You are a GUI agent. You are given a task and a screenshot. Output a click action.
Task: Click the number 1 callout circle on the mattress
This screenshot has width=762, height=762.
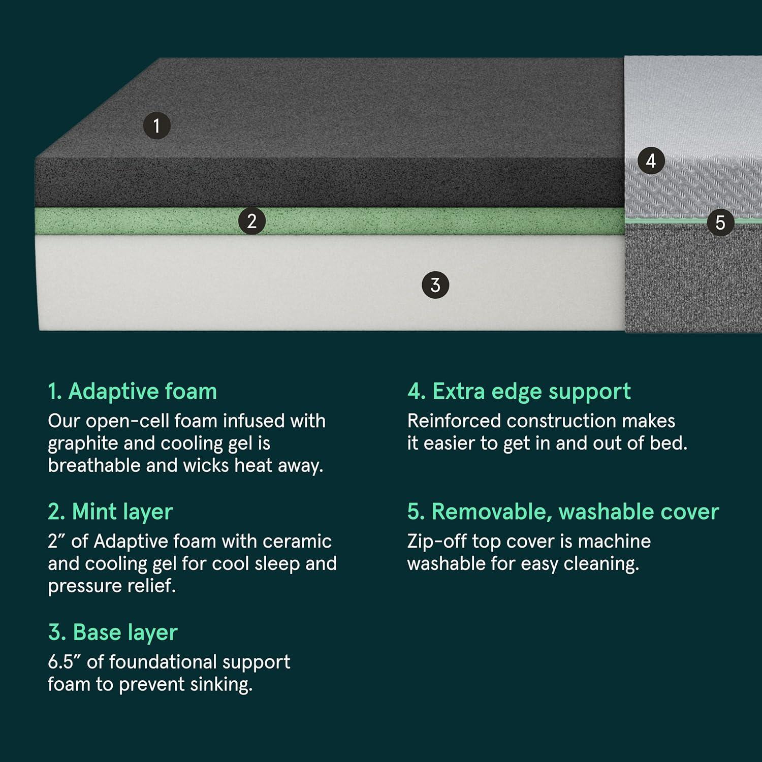[x=156, y=125]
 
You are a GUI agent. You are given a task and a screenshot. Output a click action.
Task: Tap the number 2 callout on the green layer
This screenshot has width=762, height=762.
[x=251, y=221]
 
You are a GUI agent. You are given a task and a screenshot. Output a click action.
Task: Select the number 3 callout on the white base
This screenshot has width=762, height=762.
[x=435, y=285]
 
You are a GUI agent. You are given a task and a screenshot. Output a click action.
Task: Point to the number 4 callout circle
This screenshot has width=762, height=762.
[x=651, y=161]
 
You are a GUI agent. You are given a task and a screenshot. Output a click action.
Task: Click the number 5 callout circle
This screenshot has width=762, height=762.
[x=720, y=223]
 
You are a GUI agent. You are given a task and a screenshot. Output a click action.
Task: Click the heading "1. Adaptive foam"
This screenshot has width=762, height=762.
[x=132, y=392]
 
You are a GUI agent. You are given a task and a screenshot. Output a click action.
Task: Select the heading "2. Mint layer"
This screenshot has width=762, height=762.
[x=110, y=512]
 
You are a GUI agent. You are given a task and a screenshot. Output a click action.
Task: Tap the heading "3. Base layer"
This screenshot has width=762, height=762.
[x=112, y=632]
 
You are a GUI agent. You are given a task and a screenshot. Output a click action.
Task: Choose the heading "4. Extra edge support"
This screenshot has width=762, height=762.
[x=519, y=392]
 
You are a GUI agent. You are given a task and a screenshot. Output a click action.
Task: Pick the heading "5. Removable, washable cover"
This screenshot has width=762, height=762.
[x=563, y=512]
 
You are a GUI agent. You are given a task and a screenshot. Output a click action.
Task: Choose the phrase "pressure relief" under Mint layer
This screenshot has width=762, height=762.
[x=112, y=586]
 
